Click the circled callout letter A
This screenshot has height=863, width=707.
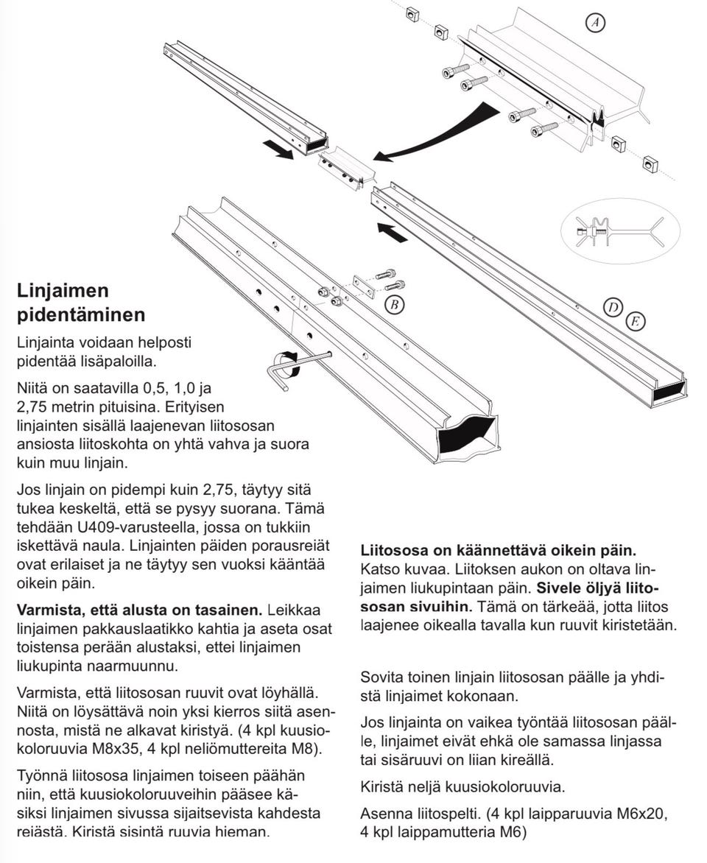pos(595,23)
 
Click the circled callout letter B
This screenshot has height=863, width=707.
pos(395,303)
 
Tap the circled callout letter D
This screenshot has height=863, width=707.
pos(613,308)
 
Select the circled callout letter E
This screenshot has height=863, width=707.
pos(634,321)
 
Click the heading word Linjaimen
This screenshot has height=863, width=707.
pos(63,290)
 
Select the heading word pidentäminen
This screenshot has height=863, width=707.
pos(81,314)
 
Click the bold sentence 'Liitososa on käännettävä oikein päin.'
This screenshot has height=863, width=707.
pos(499,550)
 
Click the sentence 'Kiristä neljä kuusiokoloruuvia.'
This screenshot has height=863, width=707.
pos(462,786)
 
